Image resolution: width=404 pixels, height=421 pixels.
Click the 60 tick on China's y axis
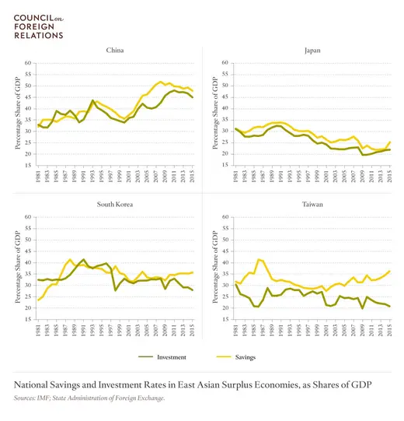(x=28, y=63)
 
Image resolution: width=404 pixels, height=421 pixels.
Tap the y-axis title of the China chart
(x=18, y=114)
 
